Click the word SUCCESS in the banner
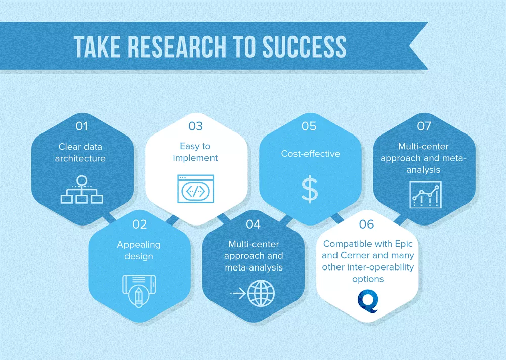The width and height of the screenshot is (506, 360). (x=304, y=47)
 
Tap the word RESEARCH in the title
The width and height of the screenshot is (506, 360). (x=177, y=47)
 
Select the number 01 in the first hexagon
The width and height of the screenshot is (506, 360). (x=81, y=126)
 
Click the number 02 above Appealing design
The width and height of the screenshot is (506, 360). (x=140, y=224)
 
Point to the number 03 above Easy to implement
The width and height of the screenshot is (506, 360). (x=195, y=126)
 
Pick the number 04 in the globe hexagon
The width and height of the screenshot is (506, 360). (x=253, y=224)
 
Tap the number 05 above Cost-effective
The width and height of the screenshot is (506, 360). (x=309, y=126)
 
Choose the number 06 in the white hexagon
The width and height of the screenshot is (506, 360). (x=366, y=224)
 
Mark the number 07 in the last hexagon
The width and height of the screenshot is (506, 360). (x=424, y=126)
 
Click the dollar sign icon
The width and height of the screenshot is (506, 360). (x=310, y=190)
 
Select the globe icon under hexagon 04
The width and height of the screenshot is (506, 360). (x=261, y=293)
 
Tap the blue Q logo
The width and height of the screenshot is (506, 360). (x=368, y=301)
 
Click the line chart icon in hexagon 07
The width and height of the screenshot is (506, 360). (x=426, y=195)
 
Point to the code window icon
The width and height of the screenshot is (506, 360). (x=195, y=189)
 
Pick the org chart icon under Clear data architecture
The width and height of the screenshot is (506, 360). (x=81, y=190)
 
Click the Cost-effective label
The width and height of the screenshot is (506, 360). (x=311, y=154)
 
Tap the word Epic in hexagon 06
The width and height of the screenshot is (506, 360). (x=404, y=244)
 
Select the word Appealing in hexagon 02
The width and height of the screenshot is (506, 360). (x=139, y=245)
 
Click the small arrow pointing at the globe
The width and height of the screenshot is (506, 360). (x=238, y=294)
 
